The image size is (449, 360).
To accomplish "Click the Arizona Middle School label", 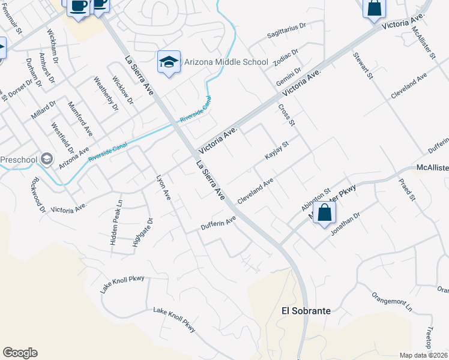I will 226,62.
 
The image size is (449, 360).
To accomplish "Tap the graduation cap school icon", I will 169,62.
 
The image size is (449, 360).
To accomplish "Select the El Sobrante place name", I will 306,311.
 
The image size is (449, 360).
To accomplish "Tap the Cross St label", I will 287,115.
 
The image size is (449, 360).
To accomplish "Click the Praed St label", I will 406,190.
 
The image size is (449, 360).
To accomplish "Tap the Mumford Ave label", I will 81,118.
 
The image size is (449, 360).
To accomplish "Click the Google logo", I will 20,353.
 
